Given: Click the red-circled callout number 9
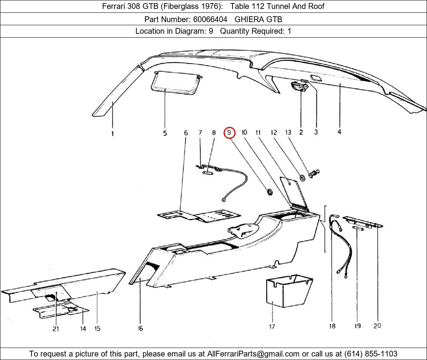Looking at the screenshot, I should point(229,133).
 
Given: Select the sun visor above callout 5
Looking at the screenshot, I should point(177,83).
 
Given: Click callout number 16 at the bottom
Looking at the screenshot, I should point(140,328).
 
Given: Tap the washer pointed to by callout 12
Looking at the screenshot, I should point(302,178).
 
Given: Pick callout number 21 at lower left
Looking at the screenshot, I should point(56,329).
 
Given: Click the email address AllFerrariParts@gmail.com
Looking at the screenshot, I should point(253,354).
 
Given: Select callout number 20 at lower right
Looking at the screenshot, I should point(377,326).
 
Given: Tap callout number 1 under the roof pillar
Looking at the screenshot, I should point(113,134).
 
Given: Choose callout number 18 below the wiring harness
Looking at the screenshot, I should point(332,326).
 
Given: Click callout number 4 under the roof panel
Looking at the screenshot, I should point(339,132).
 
